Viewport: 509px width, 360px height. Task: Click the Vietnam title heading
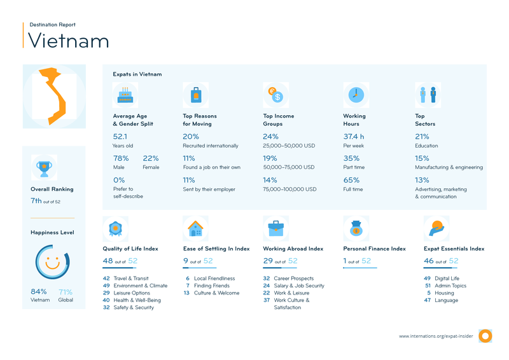(69, 41)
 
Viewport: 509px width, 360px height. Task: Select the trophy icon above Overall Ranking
(44, 168)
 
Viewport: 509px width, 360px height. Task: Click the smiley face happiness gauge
(52, 261)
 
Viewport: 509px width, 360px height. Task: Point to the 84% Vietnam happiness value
(39, 292)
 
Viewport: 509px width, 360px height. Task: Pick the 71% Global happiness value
(65, 292)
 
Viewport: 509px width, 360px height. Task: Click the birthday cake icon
(125, 95)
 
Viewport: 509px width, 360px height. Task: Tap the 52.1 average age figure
(120, 136)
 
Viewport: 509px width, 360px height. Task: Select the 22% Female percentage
(151, 158)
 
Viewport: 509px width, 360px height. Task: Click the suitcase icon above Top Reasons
(196, 95)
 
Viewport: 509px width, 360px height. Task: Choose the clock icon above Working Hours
(356, 95)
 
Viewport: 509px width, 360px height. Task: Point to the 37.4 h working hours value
(354, 136)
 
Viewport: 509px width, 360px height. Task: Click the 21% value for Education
(422, 136)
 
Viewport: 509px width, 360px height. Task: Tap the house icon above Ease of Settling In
(195, 228)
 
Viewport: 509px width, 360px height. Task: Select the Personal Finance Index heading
(374, 249)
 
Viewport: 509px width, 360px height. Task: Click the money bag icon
(356, 228)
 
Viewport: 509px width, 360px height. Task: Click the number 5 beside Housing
(429, 293)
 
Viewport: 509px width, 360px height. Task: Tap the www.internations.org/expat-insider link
(436, 336)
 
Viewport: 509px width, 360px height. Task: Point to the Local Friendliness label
(214, 279)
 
